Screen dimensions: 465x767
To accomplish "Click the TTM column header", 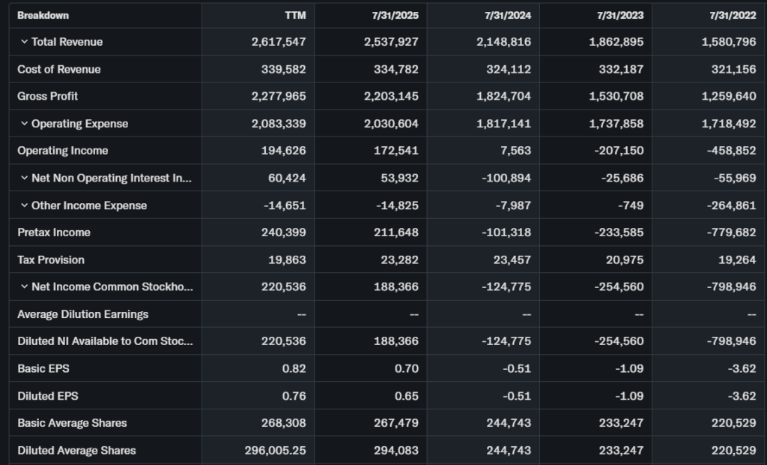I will point(296,15).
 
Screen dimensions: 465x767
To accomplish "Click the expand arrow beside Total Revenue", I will point(24,42).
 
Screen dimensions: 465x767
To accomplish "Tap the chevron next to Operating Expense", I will point(24,124).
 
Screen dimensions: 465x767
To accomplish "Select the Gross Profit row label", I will point(48,96).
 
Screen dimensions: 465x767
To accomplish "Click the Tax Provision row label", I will point(51,259).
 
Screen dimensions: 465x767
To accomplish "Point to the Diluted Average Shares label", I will point(76,450).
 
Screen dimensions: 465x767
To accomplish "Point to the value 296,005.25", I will point(275,450).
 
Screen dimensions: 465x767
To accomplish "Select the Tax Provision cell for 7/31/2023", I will point(623,259).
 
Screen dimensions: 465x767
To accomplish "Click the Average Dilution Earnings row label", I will point(82,314).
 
